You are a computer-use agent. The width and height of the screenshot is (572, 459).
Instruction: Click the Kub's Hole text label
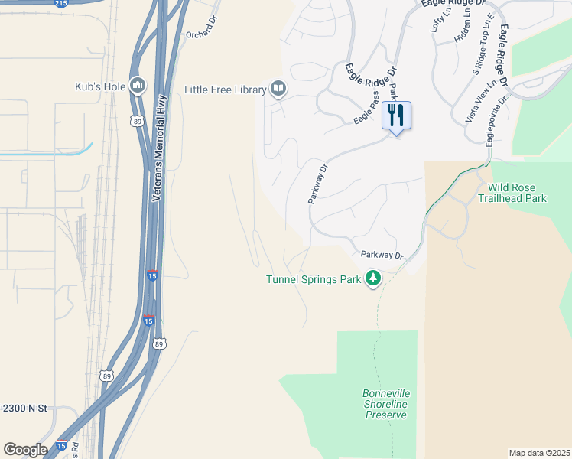[x=99, y=86]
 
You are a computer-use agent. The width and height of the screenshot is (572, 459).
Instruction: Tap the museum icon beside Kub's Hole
[x=138, y=85]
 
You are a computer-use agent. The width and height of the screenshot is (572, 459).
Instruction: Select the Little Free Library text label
[x=225, y=90]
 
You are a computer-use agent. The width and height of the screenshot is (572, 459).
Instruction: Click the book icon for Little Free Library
[x=278, y=90]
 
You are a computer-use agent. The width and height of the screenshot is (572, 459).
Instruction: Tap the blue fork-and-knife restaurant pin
[x=395, y=116]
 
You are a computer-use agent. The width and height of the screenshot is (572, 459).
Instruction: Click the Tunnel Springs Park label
[x=313, y=279]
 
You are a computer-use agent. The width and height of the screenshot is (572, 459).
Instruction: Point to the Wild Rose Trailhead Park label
[x=512, y=193]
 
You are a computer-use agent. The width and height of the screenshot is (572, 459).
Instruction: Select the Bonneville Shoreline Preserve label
[x=386, y=404]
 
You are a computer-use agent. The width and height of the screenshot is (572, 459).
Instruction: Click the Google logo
[x=25, y=449]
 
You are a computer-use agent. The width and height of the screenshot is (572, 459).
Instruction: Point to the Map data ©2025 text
[x=539, y=453]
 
